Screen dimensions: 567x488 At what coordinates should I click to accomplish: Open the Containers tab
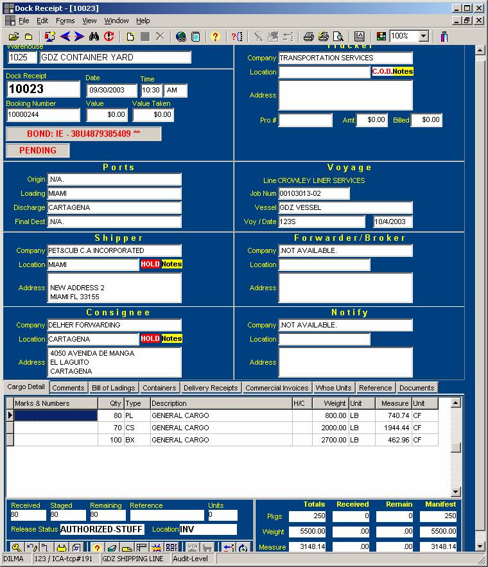tap(159, 388)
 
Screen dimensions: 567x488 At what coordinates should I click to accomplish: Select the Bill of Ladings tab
tap(113, 388)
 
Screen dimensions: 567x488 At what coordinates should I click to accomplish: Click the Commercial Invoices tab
tap(277, 388)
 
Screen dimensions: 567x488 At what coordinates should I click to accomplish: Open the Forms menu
tap(65, 21)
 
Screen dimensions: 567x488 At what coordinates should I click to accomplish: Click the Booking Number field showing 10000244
tap(43, 115)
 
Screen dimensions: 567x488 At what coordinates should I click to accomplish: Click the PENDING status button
tap(37, 150)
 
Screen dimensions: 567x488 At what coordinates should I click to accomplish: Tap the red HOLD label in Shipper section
tap(150, 265)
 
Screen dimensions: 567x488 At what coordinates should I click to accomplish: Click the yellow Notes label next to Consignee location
tap(171, 338)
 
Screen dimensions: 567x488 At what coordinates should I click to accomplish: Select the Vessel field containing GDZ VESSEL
tap(345, 207)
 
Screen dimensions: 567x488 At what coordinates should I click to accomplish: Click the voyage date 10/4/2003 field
tap(393, 222)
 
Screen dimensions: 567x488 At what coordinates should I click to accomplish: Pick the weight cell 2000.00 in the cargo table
tap(330, 428)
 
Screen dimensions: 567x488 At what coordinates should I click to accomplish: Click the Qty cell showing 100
tap(110, 440)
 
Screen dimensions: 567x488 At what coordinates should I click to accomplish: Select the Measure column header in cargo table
tap(394, 403)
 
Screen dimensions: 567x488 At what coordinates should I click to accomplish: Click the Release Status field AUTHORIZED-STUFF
tap(102, 530)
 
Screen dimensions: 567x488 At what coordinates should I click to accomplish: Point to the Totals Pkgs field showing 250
tap(307, 516)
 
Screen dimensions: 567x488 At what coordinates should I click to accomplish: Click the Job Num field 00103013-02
tap(313, 193)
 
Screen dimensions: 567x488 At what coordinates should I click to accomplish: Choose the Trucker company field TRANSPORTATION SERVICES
tap(345, 58)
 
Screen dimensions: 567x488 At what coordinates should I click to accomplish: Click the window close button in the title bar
tap(478, 8)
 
